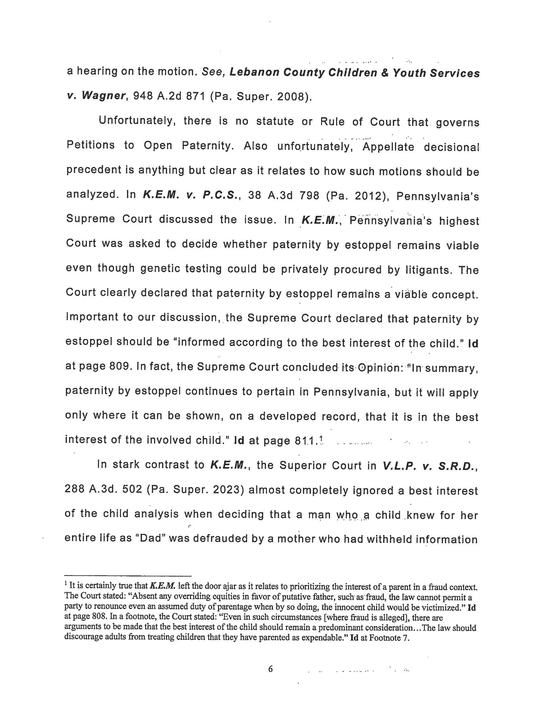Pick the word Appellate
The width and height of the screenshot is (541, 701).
tap(389, 147)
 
